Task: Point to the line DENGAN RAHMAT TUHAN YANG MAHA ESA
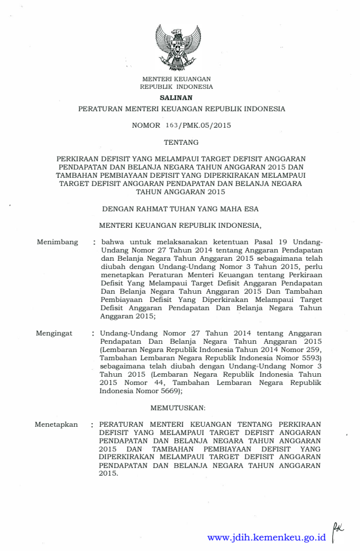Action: pyautogui.click(x=180, y=208)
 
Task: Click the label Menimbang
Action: pyautogui.click(x=57, y=241)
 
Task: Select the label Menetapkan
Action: pyautogui.click(x=56, y=424)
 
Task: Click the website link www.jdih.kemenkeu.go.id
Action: pyautogui.click(x=266, y=537)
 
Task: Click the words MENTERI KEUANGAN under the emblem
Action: pyautogui.click(x=177, y=78)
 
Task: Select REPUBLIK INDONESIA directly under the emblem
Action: pyautogui.click(x=177, y=87)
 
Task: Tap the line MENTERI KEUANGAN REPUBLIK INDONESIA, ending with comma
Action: pyautogui.click(x=180, y=224)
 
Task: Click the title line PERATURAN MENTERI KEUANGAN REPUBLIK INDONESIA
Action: pyautogui.click(x=182, y=109)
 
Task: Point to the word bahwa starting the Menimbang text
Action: pyautogui.click(x=114, y=241)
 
